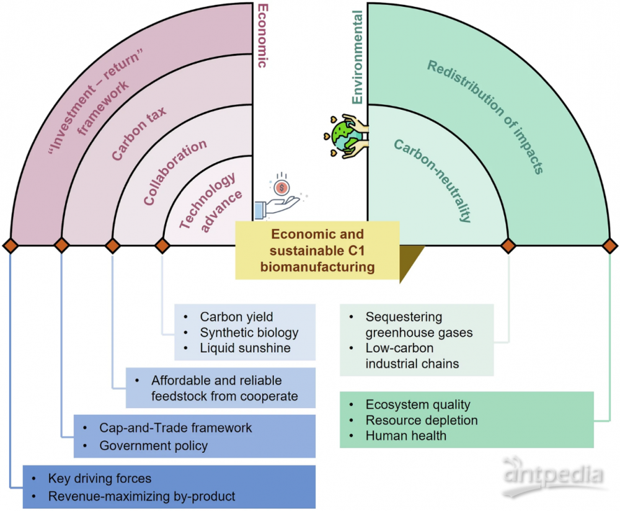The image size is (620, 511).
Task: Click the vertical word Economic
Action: click(262, 35)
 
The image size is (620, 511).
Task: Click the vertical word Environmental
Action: click(357, 57)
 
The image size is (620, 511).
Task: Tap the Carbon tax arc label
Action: click(138, 134)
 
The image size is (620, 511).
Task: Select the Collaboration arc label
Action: click(175, 172)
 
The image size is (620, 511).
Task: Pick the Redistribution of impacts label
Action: click(485, 117)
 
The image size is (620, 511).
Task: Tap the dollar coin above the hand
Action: click(281, 187)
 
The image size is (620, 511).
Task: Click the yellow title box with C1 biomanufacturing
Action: click(317, 251)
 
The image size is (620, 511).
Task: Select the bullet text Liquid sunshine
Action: click(245, 348)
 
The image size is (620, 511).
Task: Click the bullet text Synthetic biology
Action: click(249, 332)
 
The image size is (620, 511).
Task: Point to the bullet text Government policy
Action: click(153, 446)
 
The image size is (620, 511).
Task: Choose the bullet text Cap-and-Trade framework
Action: click(175, 428)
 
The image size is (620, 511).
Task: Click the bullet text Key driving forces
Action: click(100, 479)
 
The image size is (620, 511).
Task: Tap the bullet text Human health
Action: click(406, 436)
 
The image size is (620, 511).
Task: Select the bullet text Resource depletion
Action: click(422, 420)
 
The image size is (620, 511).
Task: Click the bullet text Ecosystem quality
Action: click(418, 404)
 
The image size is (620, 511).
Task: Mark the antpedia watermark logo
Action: click(554, 477)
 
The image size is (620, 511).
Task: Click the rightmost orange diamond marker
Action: click(609, 246)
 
